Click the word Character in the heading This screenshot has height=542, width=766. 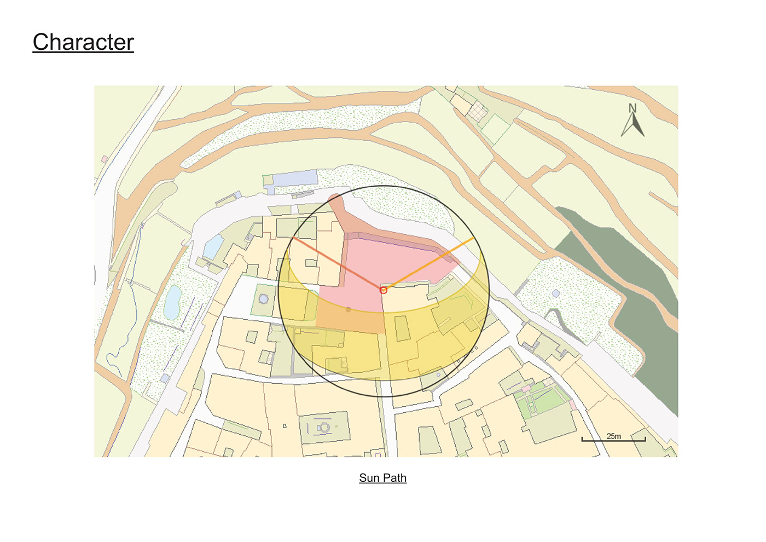pyautogui.click(x=83, y=42)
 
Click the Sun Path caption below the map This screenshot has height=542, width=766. pyautogui.click(x=382, y=477)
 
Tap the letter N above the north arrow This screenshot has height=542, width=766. pyautogui.click(x=632, y=108)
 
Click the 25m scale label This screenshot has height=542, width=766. pyautogui.click(x=613, y=436)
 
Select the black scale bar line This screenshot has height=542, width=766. pyautogui.click(x=613, y=440)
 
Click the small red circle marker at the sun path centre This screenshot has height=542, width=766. pyautogui.click(x=384, y=290)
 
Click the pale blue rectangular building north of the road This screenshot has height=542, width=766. pyautogui.click(x=295, y=178)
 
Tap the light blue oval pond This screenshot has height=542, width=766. pyautogui.click(x=172, y=302)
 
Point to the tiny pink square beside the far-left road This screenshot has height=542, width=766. pyautogui.click(x=105, y=159)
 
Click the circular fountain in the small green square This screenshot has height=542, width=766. pyautogui.click(x=264, y=299)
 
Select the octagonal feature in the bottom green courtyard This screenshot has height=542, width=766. pyautogui.click(x=324, y=426)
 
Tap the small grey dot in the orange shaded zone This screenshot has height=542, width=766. pyautogui.click(x=348, y=309)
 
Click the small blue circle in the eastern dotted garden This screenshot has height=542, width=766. pyautogui.click(x=556, y=294)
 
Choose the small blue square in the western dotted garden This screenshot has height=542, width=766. pyautogui.click(x=165, y=378)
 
